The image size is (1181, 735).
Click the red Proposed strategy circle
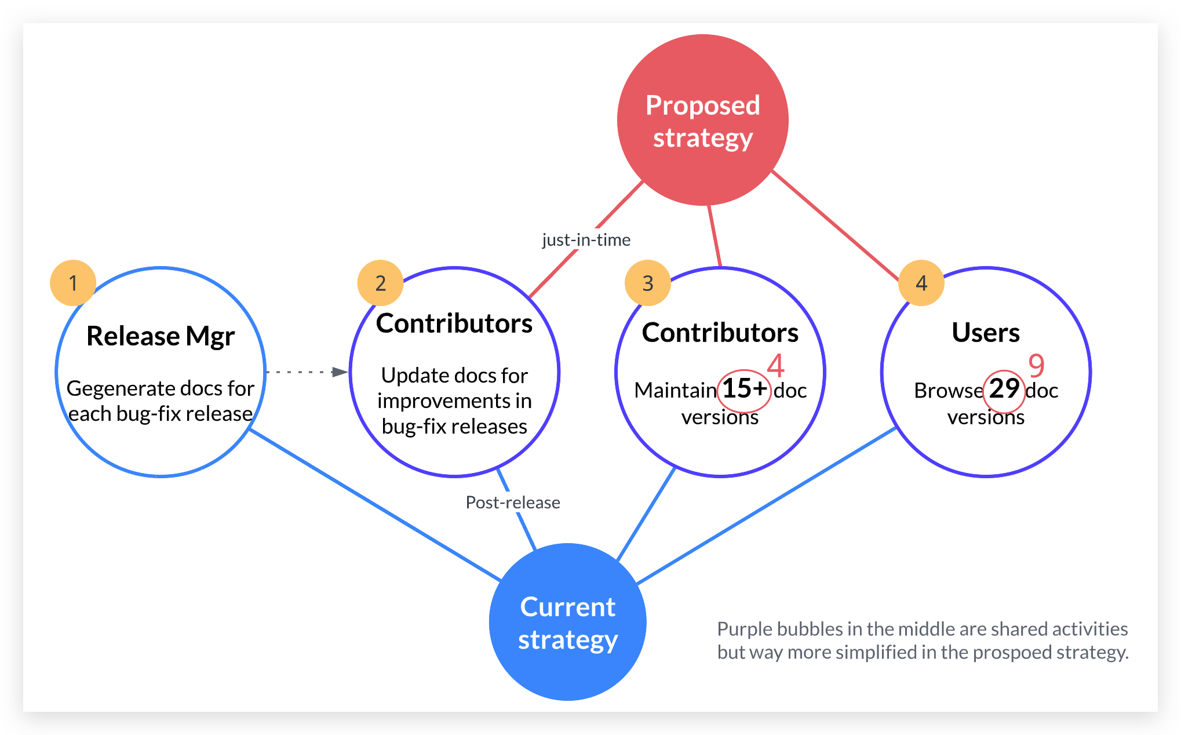pyautogui.click(x=702, y=120)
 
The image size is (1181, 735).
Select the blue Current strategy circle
pyautogui.click(x=567, y=622)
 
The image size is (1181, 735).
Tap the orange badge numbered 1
pyautogui.click(x=73, y=283)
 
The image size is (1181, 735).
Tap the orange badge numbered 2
pyautogui.click(x=380, y=283)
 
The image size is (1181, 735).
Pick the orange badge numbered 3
pyautogui.click(x=647, y=283)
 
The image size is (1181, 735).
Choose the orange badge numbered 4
pyautogui.click(x=921, y=283)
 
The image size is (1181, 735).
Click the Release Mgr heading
pyautogui.click(x=161, y=336)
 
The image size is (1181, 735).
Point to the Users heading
pyautogui.click(x=986, y=333)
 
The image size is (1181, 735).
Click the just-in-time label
pyautogui.click(x=586, y=240)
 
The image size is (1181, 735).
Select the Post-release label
pyautogui.click(x=513, y=503)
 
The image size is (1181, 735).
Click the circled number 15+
pyautogui.click(x=744, y=389)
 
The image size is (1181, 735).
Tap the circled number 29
pyautogui.click(x=1004, y=389)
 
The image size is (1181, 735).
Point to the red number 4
pyautogui.click(x=775, y=365)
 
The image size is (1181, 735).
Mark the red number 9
pyautogui.click(x=1036, y=365)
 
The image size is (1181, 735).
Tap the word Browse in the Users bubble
pyautogui.click(x=948, y=391)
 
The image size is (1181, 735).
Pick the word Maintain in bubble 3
pyautogui.click(x=675, y=391)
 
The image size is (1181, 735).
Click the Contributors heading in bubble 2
pyautogui.click(x=454, y=323)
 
